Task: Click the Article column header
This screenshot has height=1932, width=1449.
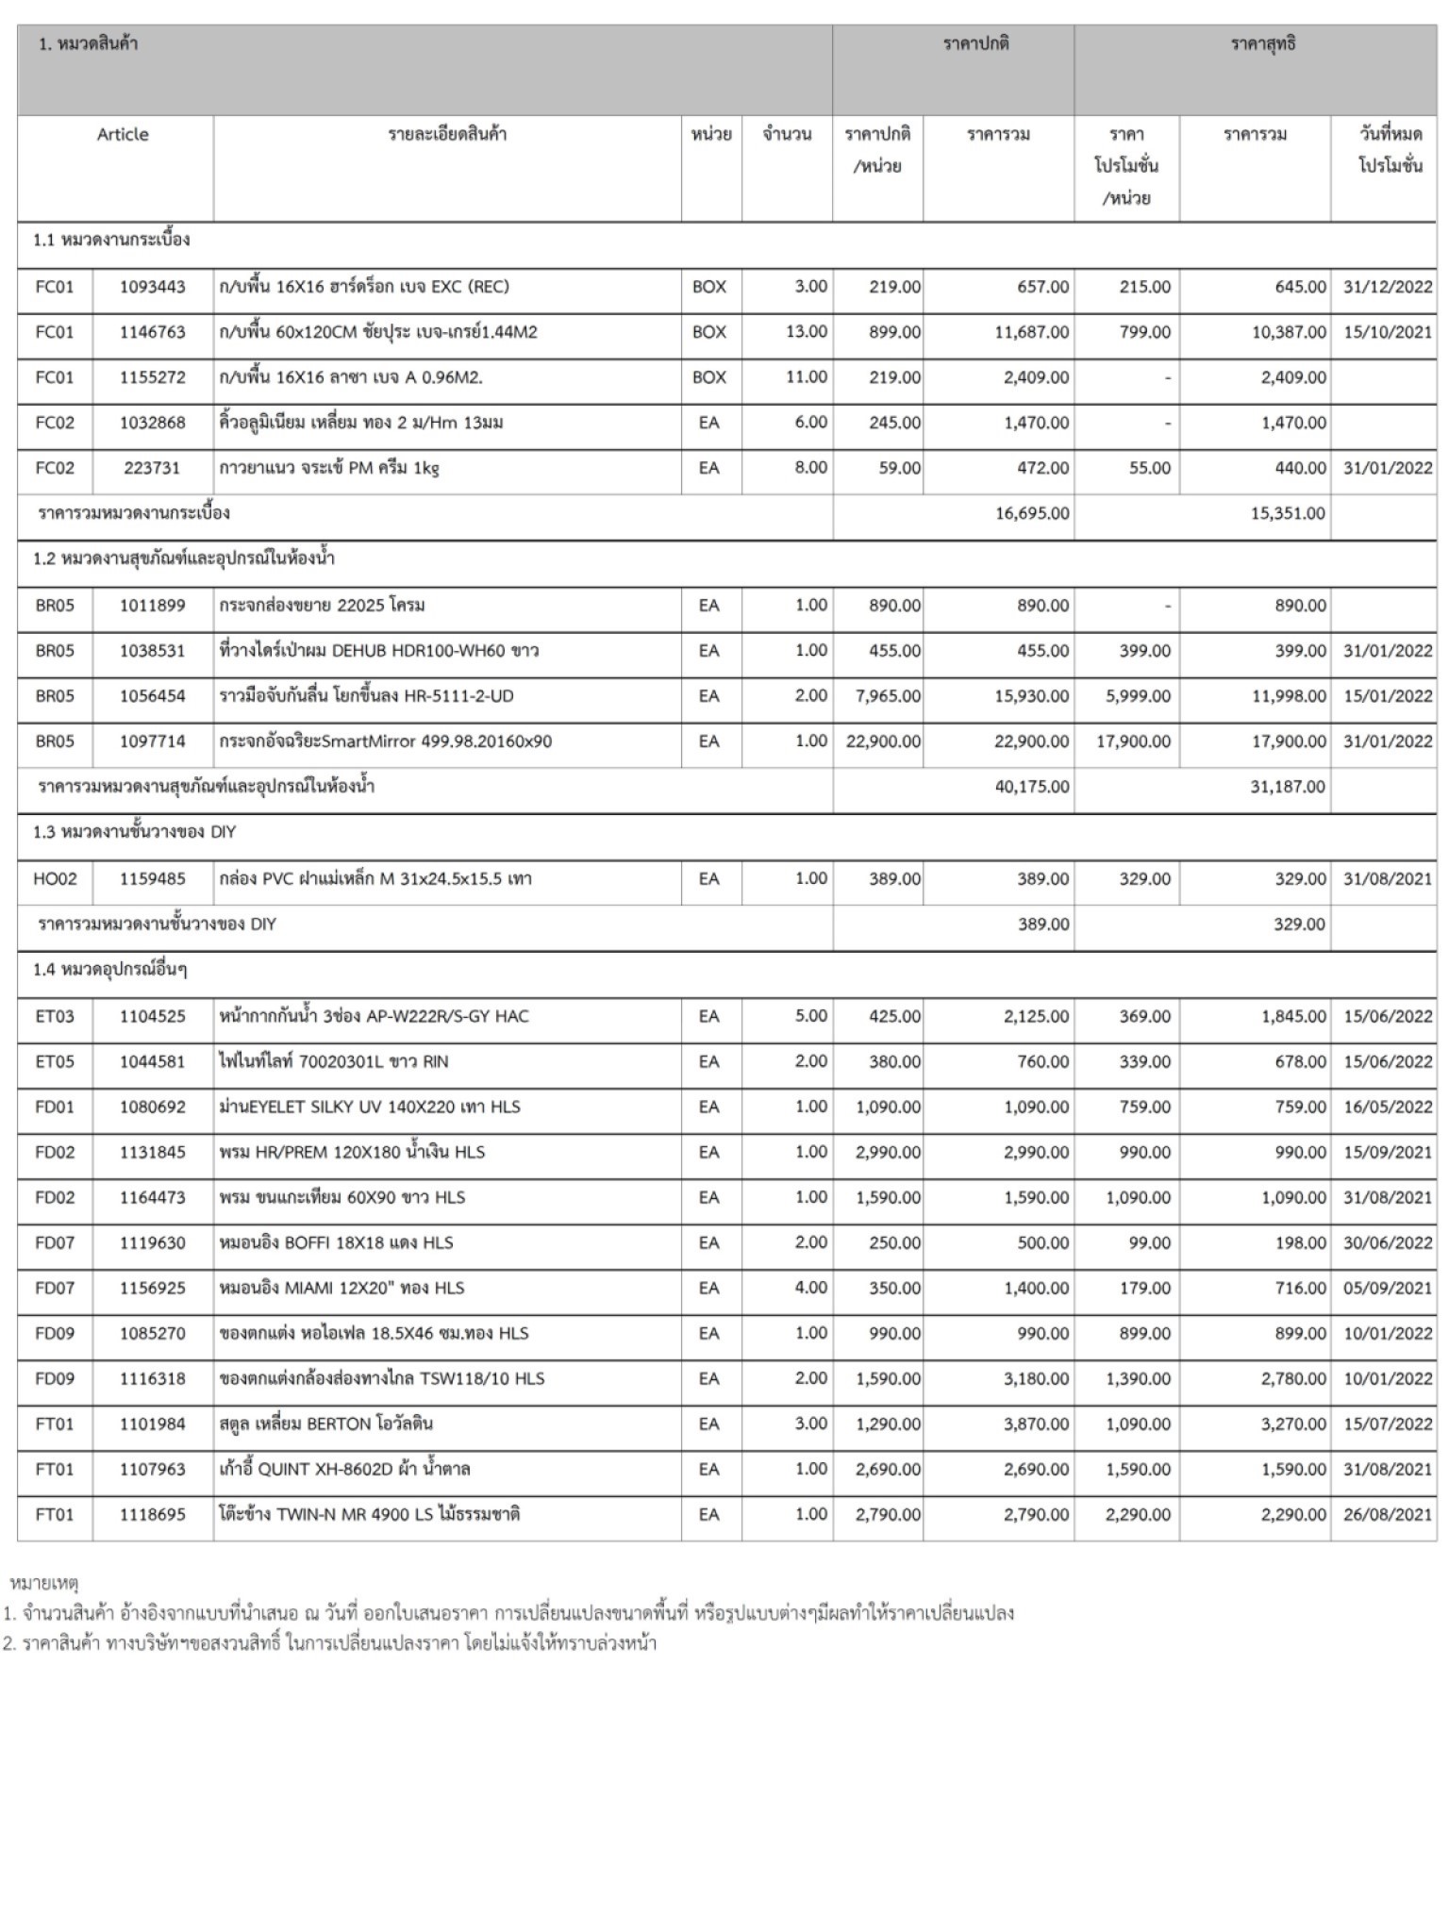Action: (x=123, y=135)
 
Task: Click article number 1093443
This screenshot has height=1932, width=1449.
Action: (x=152, y=287)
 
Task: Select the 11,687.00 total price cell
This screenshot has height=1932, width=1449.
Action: (x=1031, y=332)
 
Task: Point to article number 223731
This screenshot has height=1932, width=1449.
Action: (x=152, y=468)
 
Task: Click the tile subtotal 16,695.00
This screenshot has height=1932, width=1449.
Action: (x=1031, y=514)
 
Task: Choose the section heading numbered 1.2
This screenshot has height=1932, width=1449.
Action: (x=184, y=558)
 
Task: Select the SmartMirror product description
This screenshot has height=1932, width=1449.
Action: (x=385, y=741)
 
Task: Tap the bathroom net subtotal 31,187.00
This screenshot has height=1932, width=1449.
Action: (x=1287, y=787)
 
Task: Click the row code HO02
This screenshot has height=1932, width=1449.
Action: (x=55, y=879)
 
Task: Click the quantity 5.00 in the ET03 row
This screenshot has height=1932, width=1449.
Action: (x=810, y=1016)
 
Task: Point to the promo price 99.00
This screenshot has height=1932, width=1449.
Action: (x=1149, y=1242)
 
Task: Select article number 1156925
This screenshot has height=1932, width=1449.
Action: (x=152, y=1288)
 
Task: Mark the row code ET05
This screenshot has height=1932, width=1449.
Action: (x=55, y=1061)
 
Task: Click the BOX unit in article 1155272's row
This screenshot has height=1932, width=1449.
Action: (x=709, y=377)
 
